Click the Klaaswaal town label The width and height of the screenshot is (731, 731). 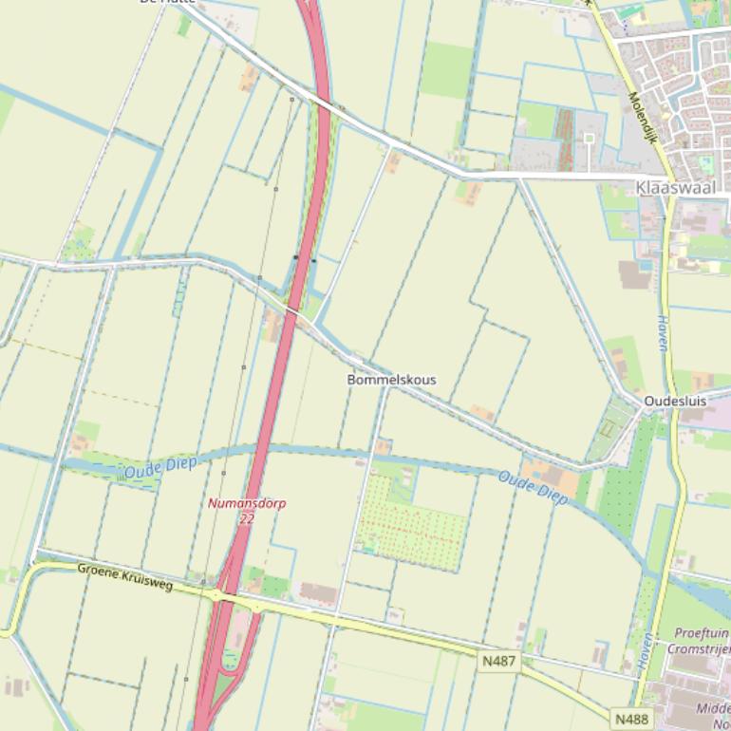click(675, 188)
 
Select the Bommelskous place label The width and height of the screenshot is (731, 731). click(391, 380)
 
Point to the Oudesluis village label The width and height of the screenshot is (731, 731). click(675, 402)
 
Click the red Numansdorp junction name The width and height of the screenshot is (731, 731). click(247, 503)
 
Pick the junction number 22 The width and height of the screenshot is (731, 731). click(247, 518)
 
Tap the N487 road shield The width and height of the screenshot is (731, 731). click(499, 659)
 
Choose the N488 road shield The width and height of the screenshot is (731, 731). click(631, 719)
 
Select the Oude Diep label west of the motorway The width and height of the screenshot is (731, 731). click(159, 466)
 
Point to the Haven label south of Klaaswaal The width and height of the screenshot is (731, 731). click(662, 332)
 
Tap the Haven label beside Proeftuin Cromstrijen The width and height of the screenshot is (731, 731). click(647, 653)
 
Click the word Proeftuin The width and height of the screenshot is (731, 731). click(701, 633)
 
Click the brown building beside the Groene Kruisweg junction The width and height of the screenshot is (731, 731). click(318, 593)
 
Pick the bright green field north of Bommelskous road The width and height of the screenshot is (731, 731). click(446, 70)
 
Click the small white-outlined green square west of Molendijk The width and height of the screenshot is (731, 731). click(589, 139)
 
